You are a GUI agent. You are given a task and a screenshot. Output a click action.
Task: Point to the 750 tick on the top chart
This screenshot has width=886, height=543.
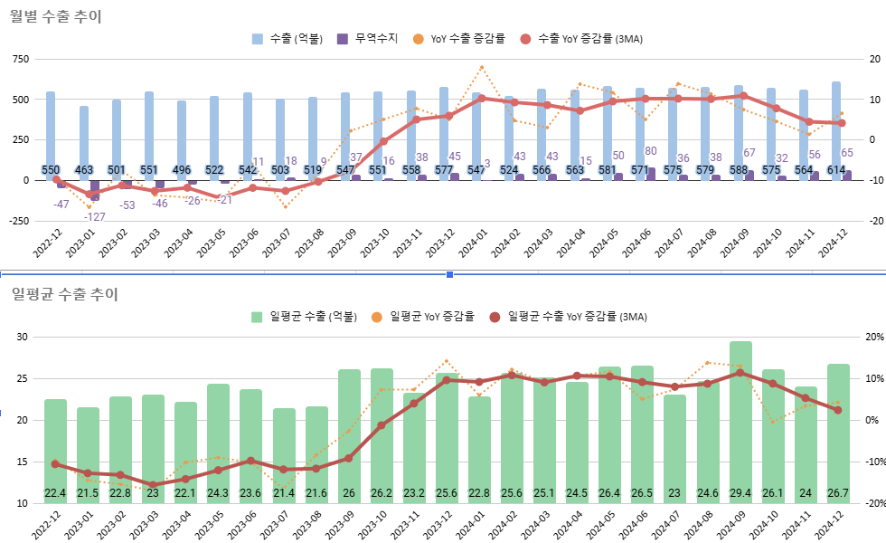pyautogui.click(x=20, y=59)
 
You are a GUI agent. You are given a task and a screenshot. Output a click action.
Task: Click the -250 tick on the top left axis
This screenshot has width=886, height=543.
pyautogui.click(x=18, y=221)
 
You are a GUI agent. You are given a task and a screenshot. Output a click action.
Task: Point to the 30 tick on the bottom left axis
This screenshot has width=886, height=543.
pyautogui.click(x=23, y=338)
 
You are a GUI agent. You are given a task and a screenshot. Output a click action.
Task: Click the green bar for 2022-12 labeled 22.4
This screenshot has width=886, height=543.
pyautogui.click(x=55, y=448)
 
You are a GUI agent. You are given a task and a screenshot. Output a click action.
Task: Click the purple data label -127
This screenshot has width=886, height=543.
pyautogui.click(x=95, y=216)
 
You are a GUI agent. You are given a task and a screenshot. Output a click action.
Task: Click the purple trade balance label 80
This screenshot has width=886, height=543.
pyautogui.click(x=651, y=151)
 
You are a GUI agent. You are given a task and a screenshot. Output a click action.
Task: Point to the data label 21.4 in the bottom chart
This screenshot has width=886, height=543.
pyautogui.click(x=284, y=493)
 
